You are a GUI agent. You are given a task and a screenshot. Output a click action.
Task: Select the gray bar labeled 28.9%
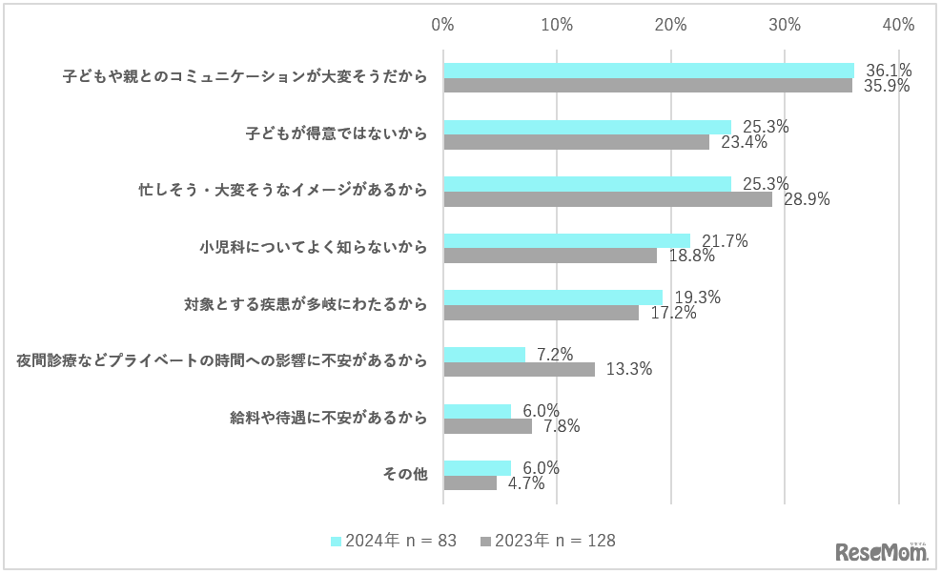point(607,199)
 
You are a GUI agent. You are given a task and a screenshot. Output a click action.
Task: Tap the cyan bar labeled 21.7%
point(566,241)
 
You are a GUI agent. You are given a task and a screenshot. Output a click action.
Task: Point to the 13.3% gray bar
point(520,369)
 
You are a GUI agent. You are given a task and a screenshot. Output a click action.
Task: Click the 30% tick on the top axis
point(785,25)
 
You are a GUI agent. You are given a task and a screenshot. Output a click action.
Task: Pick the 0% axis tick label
point(443,25)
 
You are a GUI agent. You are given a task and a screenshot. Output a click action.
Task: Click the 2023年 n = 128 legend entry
point(547,541)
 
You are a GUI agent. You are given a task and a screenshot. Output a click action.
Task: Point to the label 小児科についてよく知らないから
point(314,248)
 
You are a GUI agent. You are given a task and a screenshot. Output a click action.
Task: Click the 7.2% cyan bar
point(484,355)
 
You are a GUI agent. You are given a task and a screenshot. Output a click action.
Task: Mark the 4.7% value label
point(526,483)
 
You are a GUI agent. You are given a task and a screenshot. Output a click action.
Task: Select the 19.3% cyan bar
point(553,297)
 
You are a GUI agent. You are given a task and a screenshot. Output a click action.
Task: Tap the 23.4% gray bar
point(576,142)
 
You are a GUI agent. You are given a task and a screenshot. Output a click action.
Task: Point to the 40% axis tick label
point(898,25)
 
